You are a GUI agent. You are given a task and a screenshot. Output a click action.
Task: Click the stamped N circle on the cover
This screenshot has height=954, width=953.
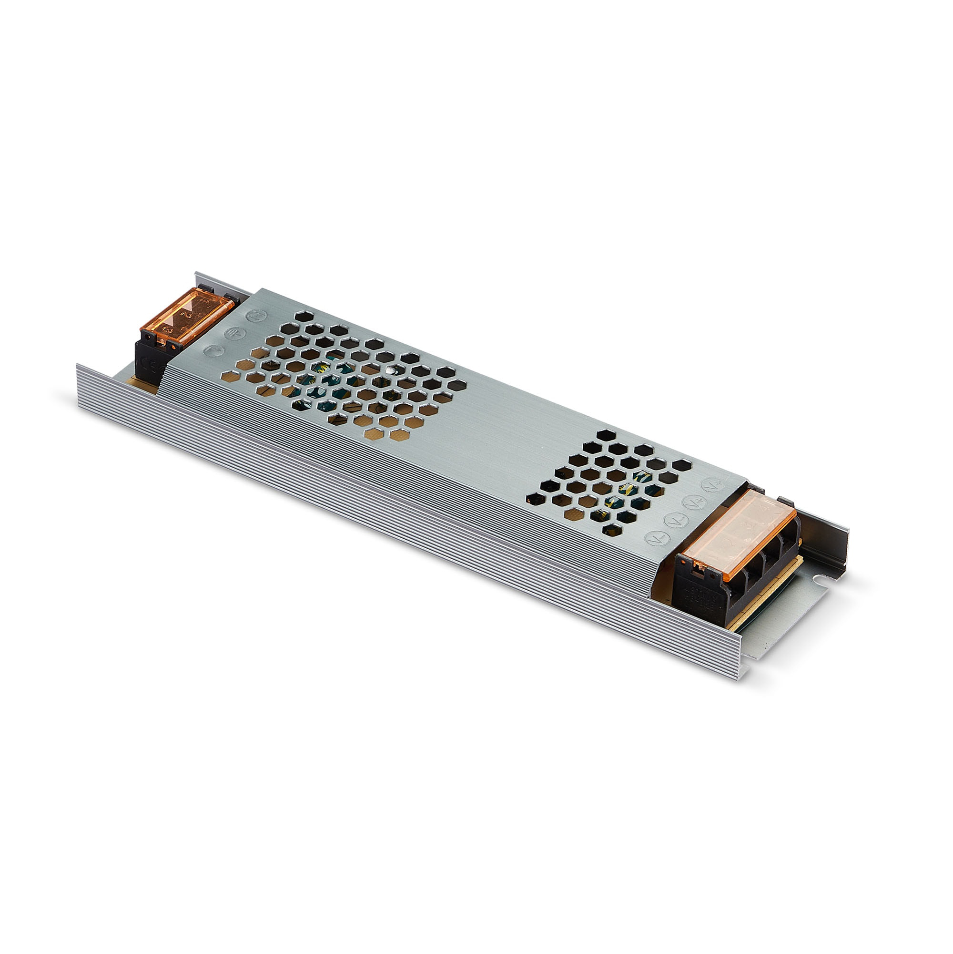257,316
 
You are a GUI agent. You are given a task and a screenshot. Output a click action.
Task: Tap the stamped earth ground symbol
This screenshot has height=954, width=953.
232,333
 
